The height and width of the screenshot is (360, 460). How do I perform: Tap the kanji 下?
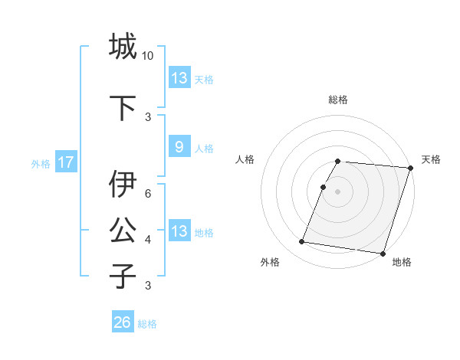[123, 107]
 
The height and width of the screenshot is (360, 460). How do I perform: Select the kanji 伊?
[123, 184]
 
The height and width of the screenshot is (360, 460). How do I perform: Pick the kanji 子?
[123, 275]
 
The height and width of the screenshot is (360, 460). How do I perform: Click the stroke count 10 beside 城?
[148, 56]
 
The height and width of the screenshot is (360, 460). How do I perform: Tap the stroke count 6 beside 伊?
[148, 194]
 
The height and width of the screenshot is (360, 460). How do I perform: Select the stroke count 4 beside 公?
[148, 240]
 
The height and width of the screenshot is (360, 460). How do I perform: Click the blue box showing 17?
[65, 162]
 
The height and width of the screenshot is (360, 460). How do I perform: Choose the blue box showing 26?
[123, 322]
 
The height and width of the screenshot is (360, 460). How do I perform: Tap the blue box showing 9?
[179, 147]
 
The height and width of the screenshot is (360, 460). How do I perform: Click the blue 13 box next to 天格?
[179, 77]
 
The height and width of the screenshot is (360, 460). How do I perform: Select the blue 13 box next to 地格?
[179, 231]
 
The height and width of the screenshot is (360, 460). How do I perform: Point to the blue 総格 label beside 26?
[147, 324]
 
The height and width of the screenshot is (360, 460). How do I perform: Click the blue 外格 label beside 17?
[41, 163]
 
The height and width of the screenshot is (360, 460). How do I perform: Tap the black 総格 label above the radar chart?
[338, 100]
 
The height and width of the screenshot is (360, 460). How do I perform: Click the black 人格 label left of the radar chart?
[245, 159]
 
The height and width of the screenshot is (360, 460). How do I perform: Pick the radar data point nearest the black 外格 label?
[302, 242]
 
